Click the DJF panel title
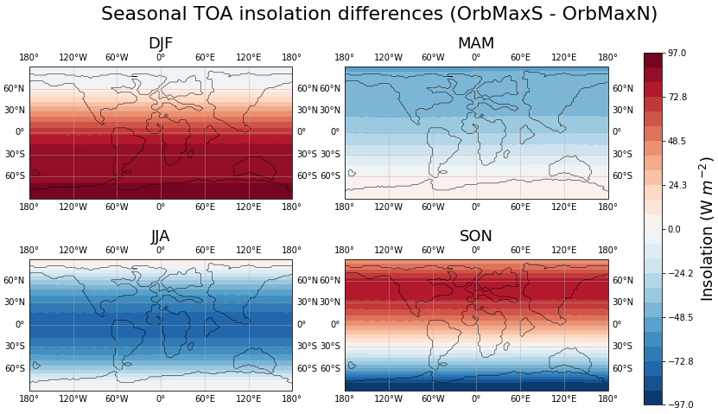161,44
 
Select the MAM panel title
476,44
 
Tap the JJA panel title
161,237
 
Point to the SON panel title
476,237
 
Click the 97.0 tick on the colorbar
677,53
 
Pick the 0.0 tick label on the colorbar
674,229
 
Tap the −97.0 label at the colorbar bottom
679,404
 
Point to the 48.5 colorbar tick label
677,141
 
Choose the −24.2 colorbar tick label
679,273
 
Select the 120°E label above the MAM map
564,58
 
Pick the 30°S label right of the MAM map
622,154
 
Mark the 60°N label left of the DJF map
15,88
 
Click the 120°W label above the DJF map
73,58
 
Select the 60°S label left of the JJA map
15,368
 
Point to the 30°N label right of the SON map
622,303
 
